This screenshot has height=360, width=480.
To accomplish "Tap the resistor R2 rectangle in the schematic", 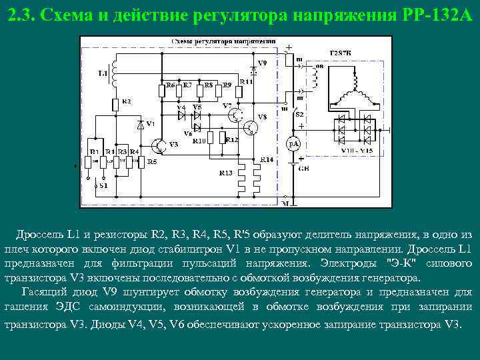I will pyautogui.click(x=116, y=104).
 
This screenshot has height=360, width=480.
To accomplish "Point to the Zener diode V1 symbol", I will pyautogui.click(x=139, y=124).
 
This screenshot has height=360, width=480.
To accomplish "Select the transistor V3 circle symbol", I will pyautogui.click(x=159, y=145).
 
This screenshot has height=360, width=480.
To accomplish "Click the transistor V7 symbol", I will pyautogui.click(x=235, y=115).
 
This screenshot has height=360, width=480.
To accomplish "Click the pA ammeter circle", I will pyautogui.click(x=294, y=144).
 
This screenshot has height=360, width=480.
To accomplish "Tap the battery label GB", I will pyautogui.click(x=303, y=169).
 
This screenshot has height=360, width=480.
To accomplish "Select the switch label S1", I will pyautogui.click(x=102, y=186).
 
